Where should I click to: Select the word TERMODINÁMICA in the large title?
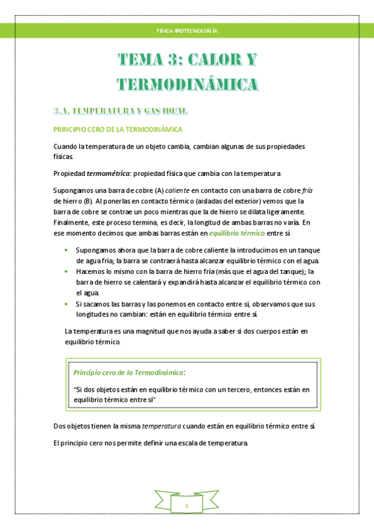pyautogui.click(x=187, y=84)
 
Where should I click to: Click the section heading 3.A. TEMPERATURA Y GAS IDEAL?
pyautogui.click(x=120, y=111)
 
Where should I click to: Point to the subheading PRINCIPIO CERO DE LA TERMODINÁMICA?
pyautogui.click(x=118, y=130)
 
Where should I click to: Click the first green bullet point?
pyautogui.click(x=67, y=250)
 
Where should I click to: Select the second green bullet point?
pyautogui.click(x=67, y=271)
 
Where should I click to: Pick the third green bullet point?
pyautogui.click(x=67, y=304)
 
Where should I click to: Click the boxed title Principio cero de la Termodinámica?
pyautogui.click(x=129, y=372)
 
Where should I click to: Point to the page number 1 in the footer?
pyautogui.click(x=187, y=504)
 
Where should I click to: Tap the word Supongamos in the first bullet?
pyautogui.click(x=97, y=250)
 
